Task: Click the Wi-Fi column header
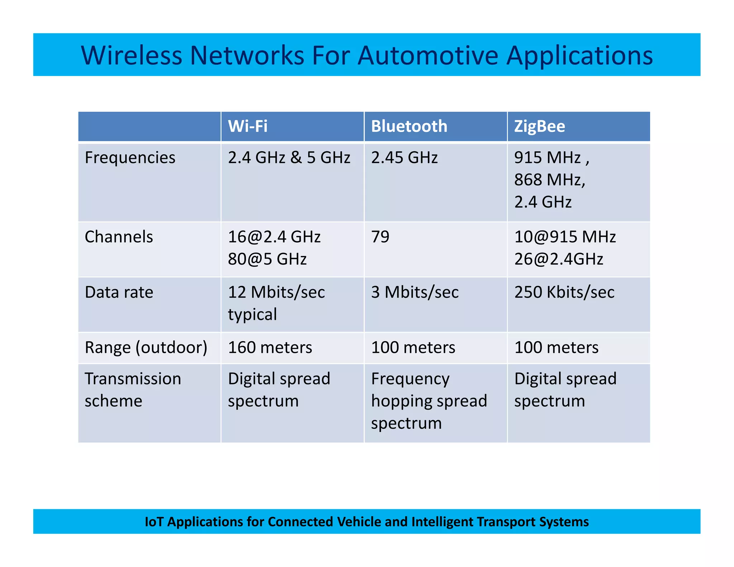click(x=248, y=127)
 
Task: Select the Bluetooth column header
click(x=409, y=127)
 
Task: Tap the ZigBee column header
click(x=539, y=127)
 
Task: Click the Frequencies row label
click(x=130, y=158)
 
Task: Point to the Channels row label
click(x=119, y=237)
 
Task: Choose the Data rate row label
click(x=119, y=292)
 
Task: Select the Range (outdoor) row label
click(x=146, y=348)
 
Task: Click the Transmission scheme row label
click(x=133, y=390)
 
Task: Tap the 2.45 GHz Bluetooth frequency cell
click(x=404, y=158)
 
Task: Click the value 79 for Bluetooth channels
click(x=380, y=237)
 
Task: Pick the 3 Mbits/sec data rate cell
click(x=415, y=292)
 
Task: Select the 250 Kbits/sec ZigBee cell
click(x=564, y=292)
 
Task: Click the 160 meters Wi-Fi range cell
click(x=270, y=348)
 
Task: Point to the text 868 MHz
click(x=549, y=180)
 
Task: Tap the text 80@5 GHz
click(x=267, y=259)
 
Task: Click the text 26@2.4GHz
click(x=559, y=259)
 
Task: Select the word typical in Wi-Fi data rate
click(x=252, y=315)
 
